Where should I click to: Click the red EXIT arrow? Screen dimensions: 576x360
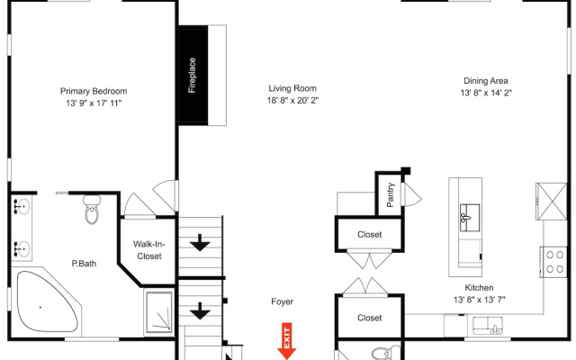287,341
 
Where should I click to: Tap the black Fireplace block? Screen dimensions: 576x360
193,76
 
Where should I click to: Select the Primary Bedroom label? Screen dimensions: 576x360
94,91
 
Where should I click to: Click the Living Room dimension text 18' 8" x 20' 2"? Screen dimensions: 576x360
292,100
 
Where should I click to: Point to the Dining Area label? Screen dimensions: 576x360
486,81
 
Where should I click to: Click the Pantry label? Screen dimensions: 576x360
390,195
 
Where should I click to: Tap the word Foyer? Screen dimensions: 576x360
282,301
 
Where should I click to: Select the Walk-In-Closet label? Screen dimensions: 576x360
149,250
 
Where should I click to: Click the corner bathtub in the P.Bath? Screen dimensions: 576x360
47,301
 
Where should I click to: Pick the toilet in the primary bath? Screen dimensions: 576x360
92,210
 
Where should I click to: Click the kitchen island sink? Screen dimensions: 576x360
470,218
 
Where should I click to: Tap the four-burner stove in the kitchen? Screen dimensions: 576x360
553,262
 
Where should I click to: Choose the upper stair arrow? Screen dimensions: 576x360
200,243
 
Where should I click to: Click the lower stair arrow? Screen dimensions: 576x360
200,310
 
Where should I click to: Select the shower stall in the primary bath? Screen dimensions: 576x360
159,311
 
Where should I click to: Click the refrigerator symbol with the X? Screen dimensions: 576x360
552,202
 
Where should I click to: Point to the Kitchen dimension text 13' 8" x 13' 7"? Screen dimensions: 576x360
480,300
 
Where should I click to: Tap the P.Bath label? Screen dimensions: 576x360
84,264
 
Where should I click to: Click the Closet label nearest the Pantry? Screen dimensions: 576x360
370,234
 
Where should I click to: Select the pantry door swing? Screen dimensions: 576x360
412,194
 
